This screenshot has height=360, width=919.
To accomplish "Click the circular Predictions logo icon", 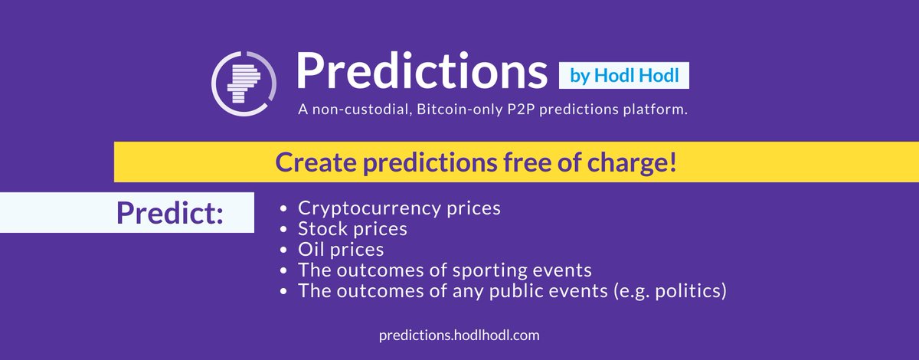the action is [x=244, y=83].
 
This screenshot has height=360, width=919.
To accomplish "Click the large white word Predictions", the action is [x=422, y=70].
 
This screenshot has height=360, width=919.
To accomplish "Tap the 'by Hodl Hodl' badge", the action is [x=624, y=76].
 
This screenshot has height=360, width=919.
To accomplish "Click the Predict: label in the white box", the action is [x=170, y=213].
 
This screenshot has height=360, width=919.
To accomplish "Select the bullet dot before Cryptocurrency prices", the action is [x=283, y=208].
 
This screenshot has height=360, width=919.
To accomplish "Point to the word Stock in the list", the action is [x=323, y=229].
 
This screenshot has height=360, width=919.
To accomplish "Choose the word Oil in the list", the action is [x=311, y=249].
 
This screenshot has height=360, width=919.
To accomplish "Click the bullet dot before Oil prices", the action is [x=283, y=250].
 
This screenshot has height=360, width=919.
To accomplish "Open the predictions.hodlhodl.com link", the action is [x=459, y=335].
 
